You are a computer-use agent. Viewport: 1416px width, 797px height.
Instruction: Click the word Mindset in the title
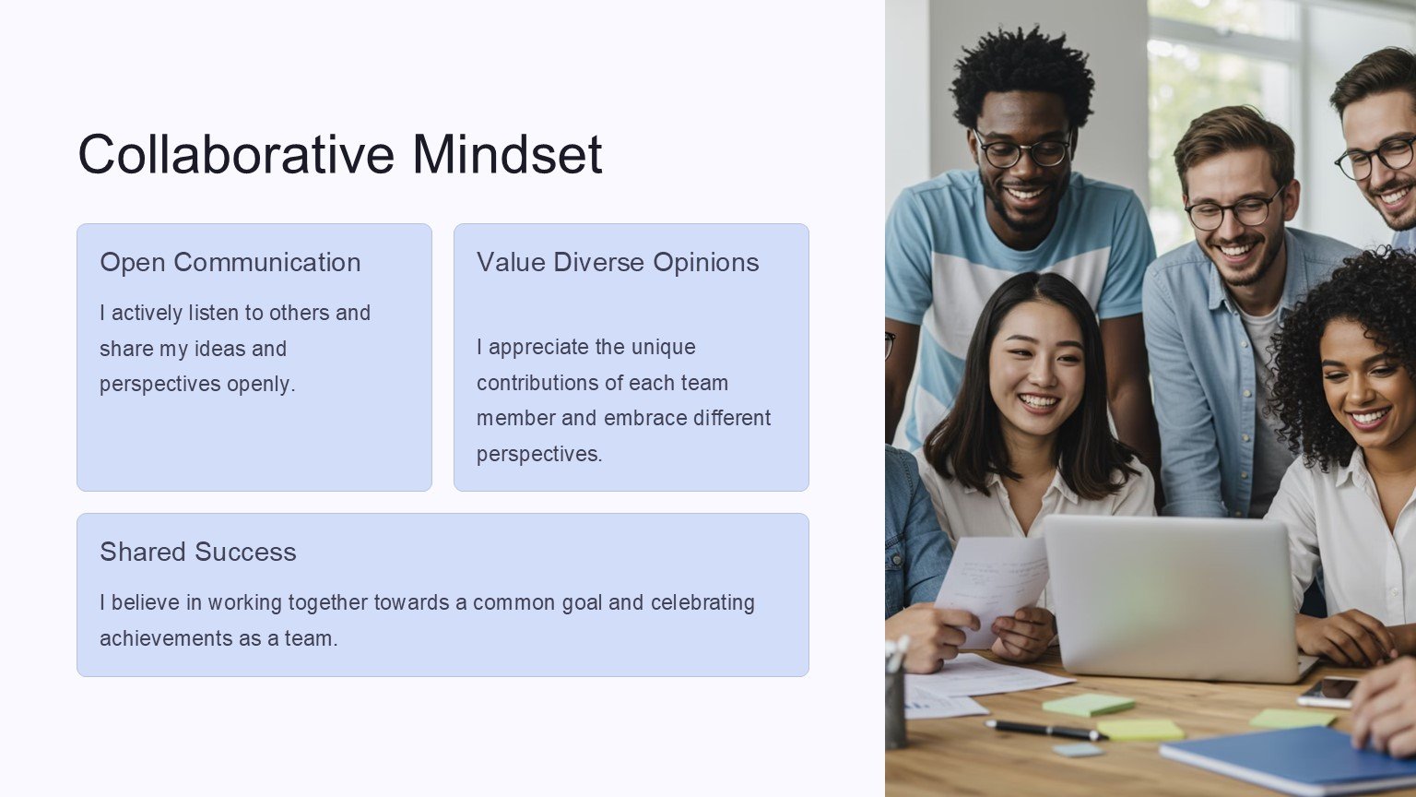click(507, 154)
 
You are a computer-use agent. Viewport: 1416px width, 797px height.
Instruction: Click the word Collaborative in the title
click(236, 154)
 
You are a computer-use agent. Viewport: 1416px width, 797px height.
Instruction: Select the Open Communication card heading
click(230, 262)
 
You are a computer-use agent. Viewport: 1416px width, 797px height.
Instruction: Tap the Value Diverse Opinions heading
click(618, 262)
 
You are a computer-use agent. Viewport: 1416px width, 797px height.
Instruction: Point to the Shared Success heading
click(198, 552)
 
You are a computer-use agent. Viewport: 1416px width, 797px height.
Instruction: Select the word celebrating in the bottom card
click(702, 602)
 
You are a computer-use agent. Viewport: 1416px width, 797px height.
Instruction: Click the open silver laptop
click(1175, 599)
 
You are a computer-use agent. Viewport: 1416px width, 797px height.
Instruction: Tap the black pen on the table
click(1045, 730)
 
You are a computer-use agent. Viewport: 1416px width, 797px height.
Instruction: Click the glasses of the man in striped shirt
click(1022, 150)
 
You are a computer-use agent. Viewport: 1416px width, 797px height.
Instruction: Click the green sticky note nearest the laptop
click(1088, 705)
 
